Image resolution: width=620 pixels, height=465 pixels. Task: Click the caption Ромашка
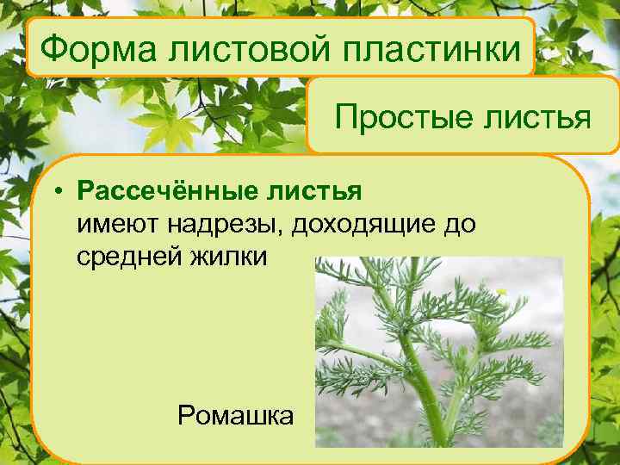235,416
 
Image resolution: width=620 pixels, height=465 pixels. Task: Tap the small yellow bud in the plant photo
502,292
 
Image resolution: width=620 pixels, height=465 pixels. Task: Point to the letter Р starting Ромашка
184,416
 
